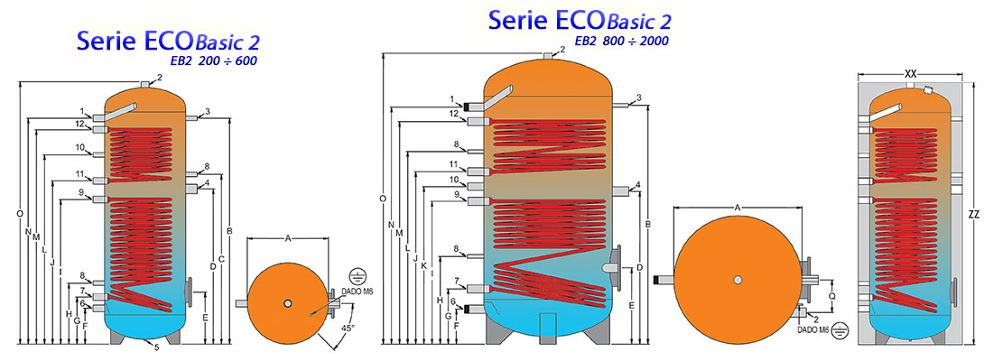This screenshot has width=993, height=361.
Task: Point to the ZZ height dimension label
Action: point(973,216)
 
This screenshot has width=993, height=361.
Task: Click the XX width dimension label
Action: point(910,73)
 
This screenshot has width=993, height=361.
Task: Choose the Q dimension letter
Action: point(831,294)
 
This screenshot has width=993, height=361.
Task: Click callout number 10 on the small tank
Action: point(79,147)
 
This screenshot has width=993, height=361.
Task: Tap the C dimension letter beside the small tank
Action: point(221,260)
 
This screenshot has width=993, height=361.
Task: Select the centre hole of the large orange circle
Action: point(738,279)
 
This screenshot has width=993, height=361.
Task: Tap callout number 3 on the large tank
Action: point(638,98)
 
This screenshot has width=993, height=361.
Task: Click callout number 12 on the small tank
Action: point(79,124)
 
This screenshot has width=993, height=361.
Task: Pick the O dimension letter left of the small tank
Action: point(19,214)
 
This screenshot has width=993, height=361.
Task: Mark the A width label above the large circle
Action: point(738,208)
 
